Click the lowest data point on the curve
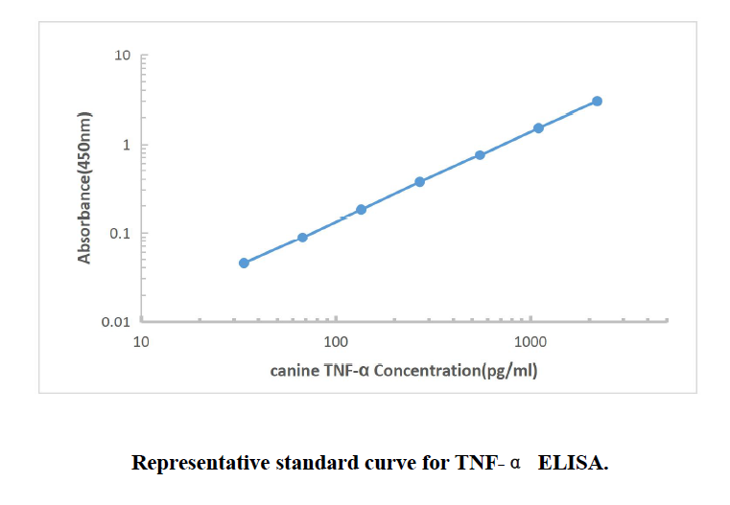[244, 263]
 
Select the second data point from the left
[302, 238]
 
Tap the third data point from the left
[361, 209]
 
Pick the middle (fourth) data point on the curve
[419, 181]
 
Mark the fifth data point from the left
[480, 155]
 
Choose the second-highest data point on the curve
[538, 127]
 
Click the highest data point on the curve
[597, 101]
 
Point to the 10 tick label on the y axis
[122, 56]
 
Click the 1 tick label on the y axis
[126, 145]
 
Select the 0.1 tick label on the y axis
[118, 234]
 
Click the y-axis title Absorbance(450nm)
[85, 188]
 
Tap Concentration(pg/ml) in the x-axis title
[456, 370]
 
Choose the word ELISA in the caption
[573, 464]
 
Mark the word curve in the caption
[381, 464]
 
